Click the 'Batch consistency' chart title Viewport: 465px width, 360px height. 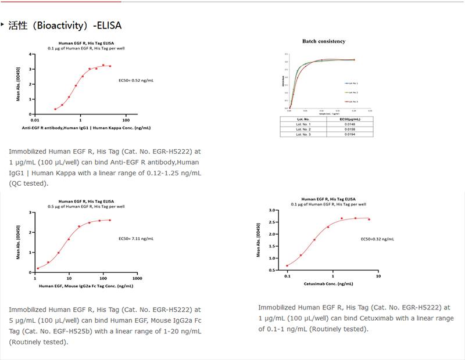coord(324,41)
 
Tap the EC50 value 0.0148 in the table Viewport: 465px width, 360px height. coord(348,124)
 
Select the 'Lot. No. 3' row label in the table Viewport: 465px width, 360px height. coord(303,134)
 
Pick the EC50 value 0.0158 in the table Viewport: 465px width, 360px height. coord(348,129)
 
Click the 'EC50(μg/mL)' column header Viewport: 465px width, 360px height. coord(348,118)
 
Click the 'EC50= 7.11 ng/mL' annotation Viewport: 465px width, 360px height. coord(136,239)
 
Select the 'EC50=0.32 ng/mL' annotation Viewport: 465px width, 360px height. coord(378,239)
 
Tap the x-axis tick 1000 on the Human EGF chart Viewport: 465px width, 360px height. coord(138,278)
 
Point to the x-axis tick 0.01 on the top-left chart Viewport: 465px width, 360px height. coord(35,120)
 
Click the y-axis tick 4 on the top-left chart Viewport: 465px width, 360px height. coord(30,54)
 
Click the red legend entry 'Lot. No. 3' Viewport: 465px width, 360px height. coord(351,102)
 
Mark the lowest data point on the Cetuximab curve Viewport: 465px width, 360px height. coord(288,266)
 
